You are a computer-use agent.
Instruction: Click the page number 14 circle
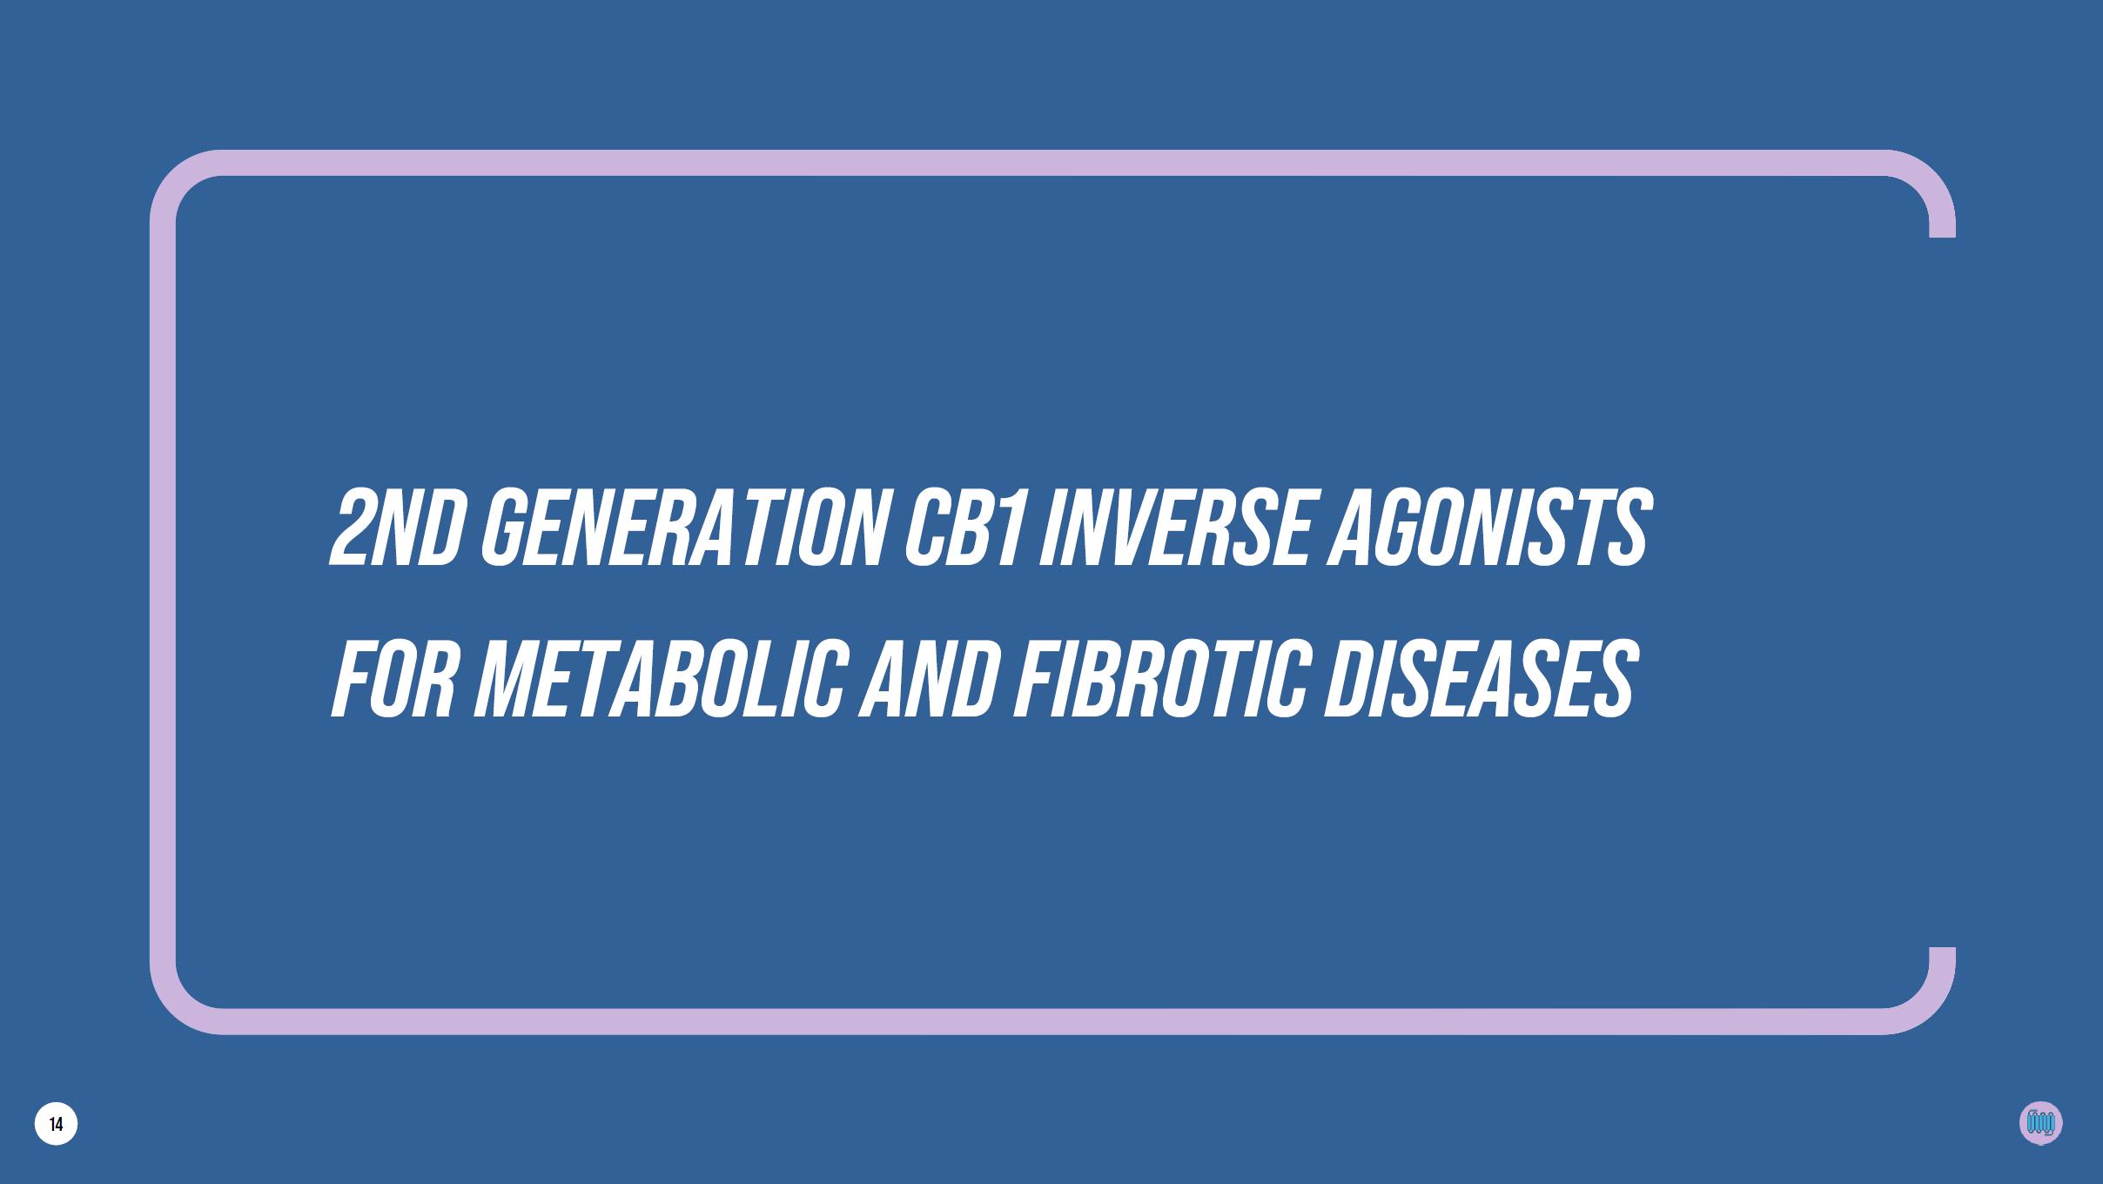point(57,1124)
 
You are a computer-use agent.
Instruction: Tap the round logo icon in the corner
point(2040,1123)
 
